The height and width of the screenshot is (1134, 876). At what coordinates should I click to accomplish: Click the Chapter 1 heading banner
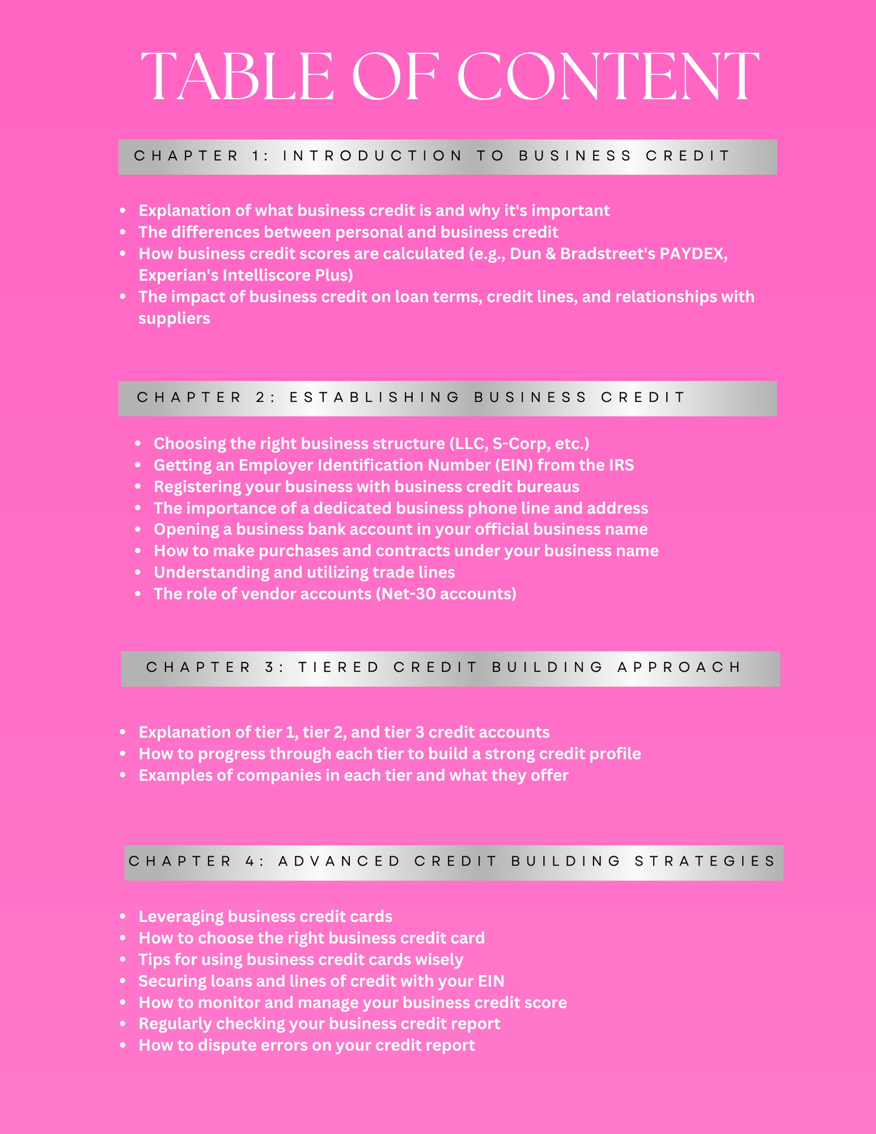(447, 156)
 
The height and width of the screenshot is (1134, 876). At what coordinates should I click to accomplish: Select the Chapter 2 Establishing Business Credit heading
(447, 398)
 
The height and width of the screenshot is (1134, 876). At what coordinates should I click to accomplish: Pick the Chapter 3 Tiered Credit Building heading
(450, 669)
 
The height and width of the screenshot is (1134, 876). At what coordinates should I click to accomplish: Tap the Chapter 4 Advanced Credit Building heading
(453, 862)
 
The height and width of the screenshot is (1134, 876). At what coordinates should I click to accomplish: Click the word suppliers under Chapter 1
(174, 318)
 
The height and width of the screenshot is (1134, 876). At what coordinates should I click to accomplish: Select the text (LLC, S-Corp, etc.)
(520, 444)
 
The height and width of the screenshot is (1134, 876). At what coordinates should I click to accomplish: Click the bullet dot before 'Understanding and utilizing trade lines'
(138, 572)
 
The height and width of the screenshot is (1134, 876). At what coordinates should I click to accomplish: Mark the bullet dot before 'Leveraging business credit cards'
(123, 916)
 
